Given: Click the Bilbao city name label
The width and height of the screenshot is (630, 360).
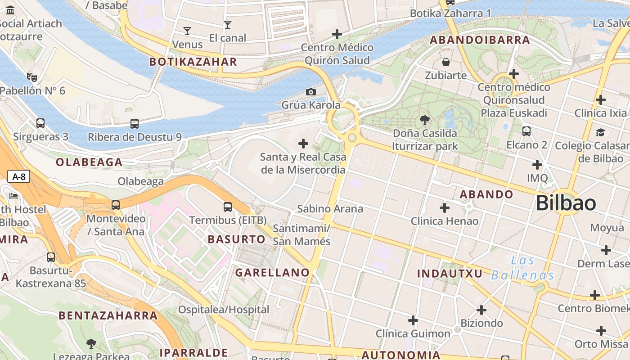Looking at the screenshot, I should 566,203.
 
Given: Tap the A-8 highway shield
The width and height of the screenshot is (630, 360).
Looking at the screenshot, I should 18,176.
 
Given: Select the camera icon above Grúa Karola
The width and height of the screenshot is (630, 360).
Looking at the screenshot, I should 310,92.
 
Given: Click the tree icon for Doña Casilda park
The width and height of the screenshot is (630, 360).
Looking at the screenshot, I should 424,120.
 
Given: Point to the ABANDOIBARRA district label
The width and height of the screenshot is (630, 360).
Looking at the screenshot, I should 480,40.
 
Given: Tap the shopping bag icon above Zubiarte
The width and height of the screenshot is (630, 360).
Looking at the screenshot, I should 445,62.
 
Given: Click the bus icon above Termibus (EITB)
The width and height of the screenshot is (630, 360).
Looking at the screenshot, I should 228,207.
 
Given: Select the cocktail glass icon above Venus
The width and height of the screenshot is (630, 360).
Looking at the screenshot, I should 187,31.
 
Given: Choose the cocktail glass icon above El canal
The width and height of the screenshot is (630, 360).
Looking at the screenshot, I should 228,25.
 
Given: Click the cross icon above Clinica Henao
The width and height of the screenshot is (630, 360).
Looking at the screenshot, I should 445,208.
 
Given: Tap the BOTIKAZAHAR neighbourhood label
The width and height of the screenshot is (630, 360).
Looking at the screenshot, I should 193,62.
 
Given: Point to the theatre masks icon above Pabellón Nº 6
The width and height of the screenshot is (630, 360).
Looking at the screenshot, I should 31,77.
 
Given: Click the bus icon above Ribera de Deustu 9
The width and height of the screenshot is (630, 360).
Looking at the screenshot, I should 134,124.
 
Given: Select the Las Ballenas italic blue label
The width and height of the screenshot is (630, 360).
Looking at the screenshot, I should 522,268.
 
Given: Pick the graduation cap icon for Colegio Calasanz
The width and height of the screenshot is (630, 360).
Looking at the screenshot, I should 600,132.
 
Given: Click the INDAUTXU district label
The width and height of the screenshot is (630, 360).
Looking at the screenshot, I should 450,274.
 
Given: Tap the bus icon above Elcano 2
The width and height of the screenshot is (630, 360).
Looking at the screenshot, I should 526,131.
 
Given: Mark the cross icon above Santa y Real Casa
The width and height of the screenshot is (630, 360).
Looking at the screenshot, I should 303,144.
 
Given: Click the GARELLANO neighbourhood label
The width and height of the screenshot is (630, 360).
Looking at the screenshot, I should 272,273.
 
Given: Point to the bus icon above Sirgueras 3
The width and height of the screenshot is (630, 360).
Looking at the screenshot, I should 40,123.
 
